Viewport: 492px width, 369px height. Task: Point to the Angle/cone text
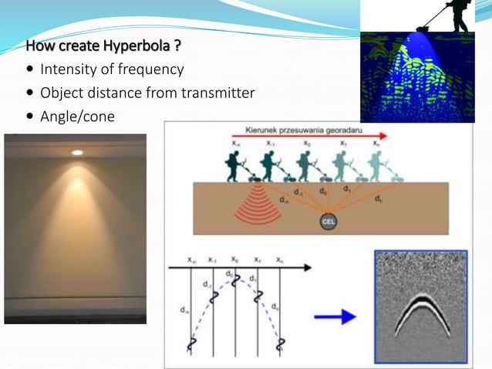tap(78, 117)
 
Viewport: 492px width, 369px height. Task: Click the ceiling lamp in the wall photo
tap(77, 153)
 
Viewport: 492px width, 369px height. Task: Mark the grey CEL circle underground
tap(326, 223)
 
